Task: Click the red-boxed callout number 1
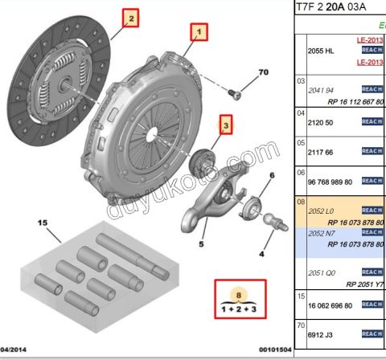197,31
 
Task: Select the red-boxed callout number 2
130,16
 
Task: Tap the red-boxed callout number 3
227,125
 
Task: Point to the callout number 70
263,73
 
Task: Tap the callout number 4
261,254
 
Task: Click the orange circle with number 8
236,293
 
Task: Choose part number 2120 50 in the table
322,121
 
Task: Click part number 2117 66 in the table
322,150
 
